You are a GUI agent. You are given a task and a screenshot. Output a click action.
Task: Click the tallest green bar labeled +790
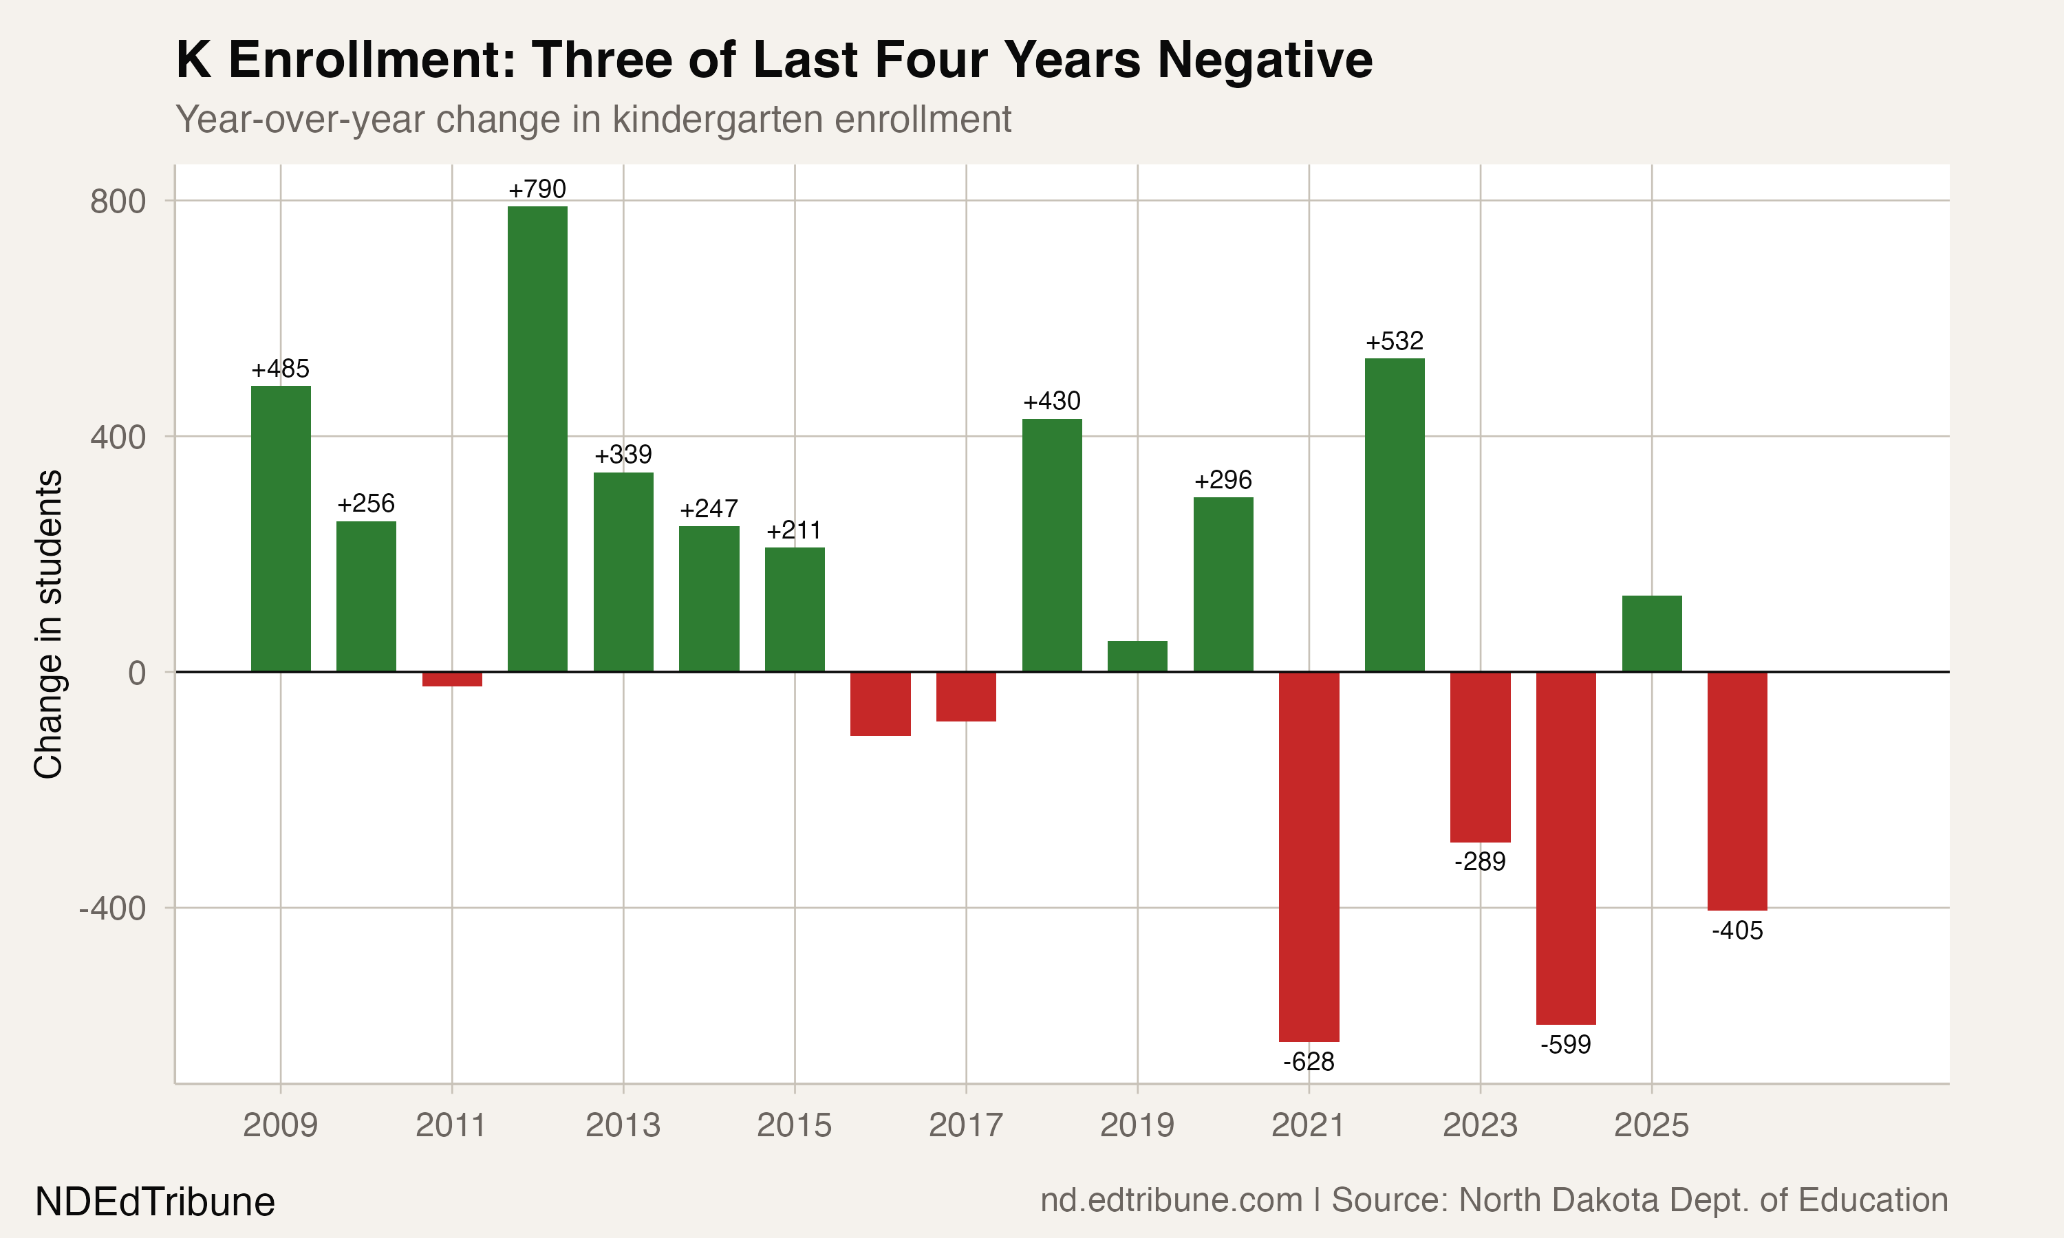pyautogui.click(x=537, y=438)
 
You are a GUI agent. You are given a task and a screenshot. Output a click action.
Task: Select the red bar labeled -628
pyautogui.click(x=1309, y=856)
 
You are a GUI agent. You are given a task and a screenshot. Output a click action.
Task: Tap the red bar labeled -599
pyautogui.click(x=1566, y=847)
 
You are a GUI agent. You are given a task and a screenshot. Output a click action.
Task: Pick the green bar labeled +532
pyautogui.click(x=1394, y=514)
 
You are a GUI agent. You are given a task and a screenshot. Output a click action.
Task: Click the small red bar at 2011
pyautogui.click(x=451, y=679)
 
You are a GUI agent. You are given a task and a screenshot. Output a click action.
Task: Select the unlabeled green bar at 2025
pyautogui.click(x=1651, y=633)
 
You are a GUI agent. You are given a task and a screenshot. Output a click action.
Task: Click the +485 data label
pyautogui.click(x=280, y=369)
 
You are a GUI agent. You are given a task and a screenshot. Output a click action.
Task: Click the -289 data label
pyautogui.click(x=1479, y=862)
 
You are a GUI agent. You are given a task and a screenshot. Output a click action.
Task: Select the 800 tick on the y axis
pyautogui.click(x=118, y=201)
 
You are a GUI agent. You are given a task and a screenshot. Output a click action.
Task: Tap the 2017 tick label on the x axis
pyautogui.click(x=965, y=1125)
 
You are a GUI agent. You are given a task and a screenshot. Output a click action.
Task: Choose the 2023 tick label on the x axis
pyautogui.click(x=1479, y=1125)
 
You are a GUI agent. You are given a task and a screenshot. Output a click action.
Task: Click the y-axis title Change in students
pyautogui.click(x=48, y=624)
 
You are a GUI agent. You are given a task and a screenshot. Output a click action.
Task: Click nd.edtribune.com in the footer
pyautogui.click(x=1170, y=1200)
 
